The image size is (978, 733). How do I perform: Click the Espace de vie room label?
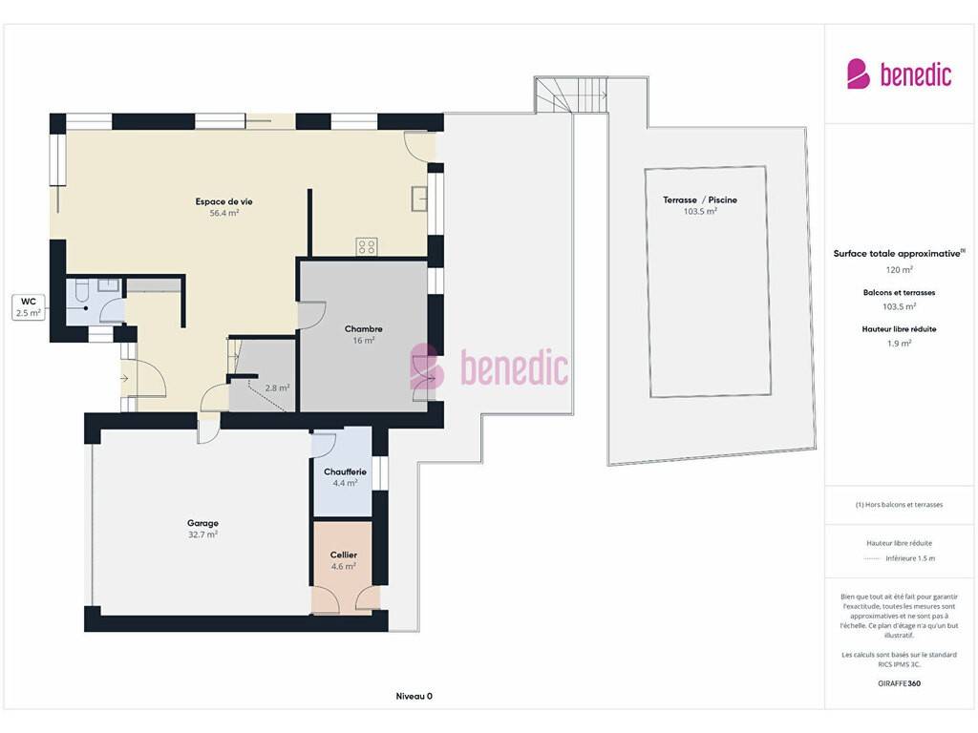click(x=223, y=201)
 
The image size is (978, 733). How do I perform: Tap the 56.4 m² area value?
click(x=223, y=213)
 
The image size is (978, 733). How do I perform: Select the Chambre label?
click(x=364, y=328)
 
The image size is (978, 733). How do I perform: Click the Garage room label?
click(x=202, y=523)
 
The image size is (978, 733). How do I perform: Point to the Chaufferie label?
click(x=345, y=471)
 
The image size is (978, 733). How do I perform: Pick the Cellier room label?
click(x=344, y=555)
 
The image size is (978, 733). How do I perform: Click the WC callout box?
click(x=29, y=307)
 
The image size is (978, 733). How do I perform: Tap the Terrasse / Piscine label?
click(x=700, y=200)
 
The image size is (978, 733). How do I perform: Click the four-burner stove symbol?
click(x=367, y=246)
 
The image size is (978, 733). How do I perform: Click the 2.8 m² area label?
click(x=277, y=387)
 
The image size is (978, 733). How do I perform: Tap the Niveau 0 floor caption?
click(x=415, y=696)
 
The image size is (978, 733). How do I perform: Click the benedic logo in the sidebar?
click(x=899, y=74)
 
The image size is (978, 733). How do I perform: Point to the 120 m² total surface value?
click(x=900, y=270)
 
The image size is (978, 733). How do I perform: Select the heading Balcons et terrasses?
click(x=900, y=292)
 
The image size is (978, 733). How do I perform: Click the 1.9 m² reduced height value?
click(x=900, y=344)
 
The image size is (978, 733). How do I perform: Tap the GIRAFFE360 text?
click(x=900, y=683)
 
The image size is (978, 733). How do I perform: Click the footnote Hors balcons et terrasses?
click(x=900, y=505)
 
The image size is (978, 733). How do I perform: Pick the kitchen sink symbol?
click(x=419, y=199)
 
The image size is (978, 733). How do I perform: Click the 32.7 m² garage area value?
click(x=202, y=534)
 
